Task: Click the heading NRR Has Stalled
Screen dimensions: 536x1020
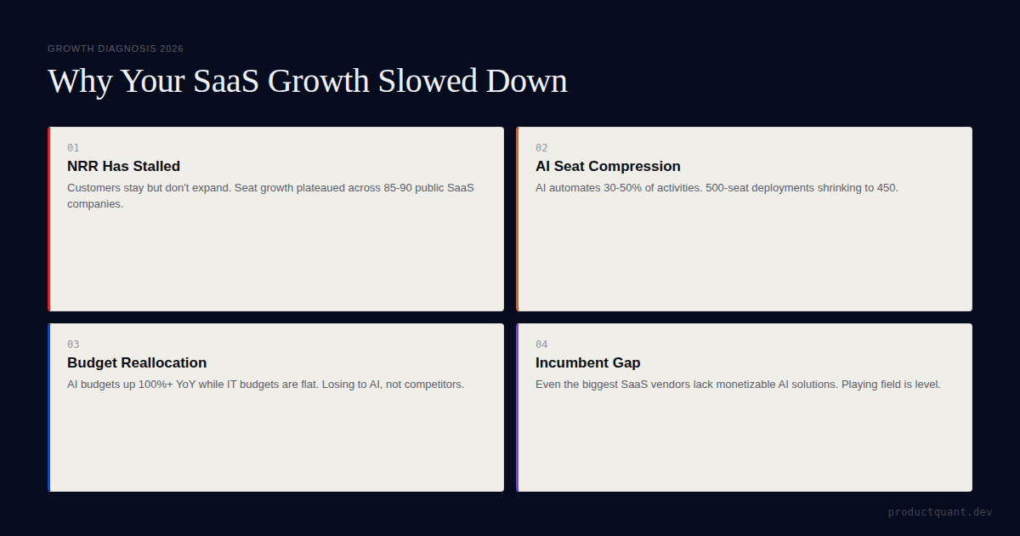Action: click(123, 166)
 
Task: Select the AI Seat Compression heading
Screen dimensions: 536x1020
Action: click(608, 166)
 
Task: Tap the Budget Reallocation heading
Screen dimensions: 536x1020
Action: click(137, 362)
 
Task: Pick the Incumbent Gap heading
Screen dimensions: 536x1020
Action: click(587, 362)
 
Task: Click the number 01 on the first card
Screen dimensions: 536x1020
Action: click(73, 148)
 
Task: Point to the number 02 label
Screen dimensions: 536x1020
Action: click(541, 148)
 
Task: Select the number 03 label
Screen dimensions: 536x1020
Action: click(73, 345)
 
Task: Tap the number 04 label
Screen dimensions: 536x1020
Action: click(541, 345)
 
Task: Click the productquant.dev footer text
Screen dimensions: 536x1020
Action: click(940, 512)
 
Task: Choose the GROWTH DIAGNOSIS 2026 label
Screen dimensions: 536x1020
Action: click(116, 48)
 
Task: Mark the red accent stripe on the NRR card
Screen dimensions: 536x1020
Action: click(49, 219)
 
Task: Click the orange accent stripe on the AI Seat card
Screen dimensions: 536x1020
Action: click(517, 219)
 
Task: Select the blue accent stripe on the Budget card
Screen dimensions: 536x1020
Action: click(49, 407)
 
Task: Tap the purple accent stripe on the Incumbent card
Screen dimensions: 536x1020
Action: click(517, 407)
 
